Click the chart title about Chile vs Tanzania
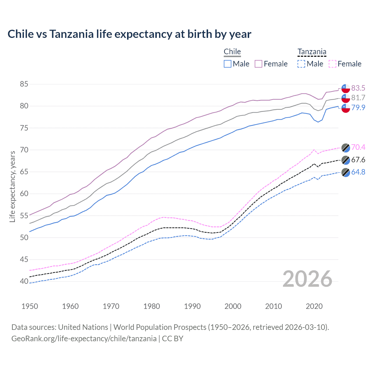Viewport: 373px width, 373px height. [x=129, y=34]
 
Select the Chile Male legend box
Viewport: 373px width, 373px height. [x=228, y=64]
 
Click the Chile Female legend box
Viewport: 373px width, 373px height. [x=258, y=64]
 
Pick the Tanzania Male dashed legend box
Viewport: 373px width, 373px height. [x=301, y=64]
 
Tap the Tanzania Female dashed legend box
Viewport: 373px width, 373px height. [x=332, y=64]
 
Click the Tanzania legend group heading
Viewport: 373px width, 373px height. [x=312, y=52]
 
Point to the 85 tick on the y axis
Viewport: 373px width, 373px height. [x=24, y=84]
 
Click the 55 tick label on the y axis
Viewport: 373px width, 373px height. [x=24, y=216]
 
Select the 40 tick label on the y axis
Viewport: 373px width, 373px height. [x=24, y=281]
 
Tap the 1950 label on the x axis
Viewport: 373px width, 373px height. [x=30, y=306]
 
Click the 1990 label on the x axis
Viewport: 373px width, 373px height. [x=192, y=306]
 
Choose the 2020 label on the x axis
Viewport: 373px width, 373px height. [x=314, y=306]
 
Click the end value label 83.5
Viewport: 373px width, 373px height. [x=358, y=88]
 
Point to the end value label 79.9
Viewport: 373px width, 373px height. [x=358, y=108]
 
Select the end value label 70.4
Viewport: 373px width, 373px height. [x=358, y=147]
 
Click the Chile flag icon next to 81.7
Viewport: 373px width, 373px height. [x=346, y=98]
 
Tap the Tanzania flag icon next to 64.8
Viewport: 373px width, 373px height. [x=346, y=172]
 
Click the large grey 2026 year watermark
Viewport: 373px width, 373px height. [x=307, y=279]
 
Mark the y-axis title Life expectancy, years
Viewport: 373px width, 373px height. [x=12, y=186]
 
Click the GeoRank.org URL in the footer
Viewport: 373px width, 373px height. [x=84, y=339]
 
